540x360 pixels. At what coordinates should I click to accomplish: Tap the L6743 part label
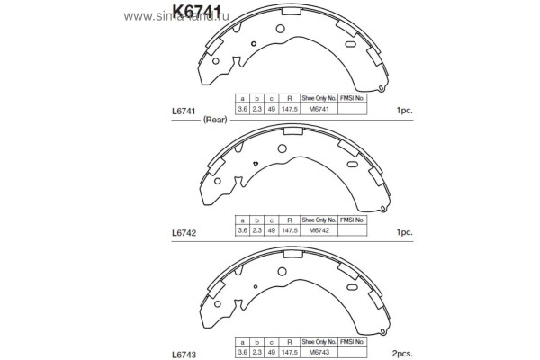pos(184,353)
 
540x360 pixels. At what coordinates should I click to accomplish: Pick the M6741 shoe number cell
pos(319,110)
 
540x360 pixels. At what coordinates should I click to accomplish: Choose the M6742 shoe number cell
pos(319,231)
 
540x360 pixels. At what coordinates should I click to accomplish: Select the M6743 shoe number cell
pos(319,352)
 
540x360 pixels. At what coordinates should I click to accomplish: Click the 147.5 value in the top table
pos(289,110)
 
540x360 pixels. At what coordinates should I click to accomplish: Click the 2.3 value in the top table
pos(256,110)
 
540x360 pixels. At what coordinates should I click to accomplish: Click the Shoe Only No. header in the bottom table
pos(319,341)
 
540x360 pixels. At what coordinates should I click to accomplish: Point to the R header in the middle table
pos(289,220)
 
